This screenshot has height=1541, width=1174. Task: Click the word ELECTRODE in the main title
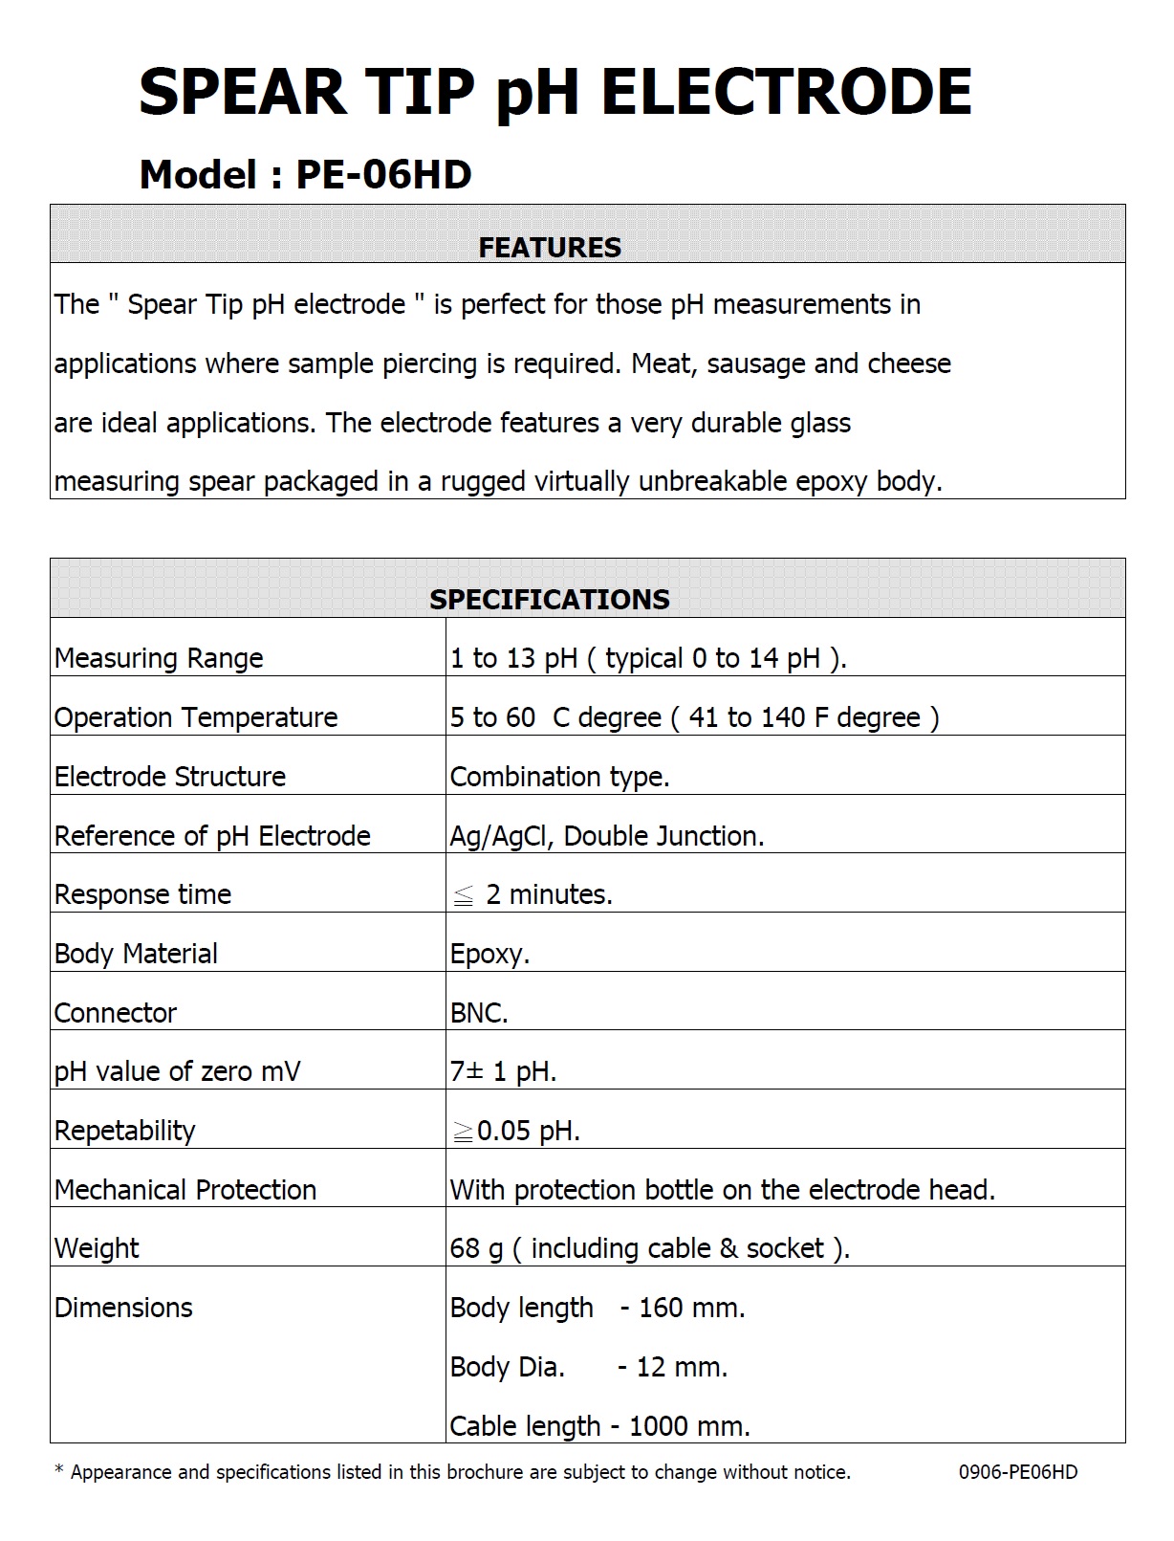[x=786, y=93]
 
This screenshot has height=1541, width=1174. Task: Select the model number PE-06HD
[x=383, y=175]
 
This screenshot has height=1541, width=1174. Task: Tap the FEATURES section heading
[x=550, y=248]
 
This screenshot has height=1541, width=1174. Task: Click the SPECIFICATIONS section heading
[x=550, y=600]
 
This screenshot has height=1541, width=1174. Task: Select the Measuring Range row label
[x=159, y=658]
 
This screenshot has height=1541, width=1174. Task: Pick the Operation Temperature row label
[x=196, y=717]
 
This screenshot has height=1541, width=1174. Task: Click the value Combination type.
[x=559, y=777]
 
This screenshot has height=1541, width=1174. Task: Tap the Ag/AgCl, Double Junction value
[x=607, y=836]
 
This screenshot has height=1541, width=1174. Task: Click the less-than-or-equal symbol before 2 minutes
[x=463, y=896]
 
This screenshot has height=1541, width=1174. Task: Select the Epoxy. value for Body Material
[x=489, y=954]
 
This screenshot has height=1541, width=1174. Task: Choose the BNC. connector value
[x=479, y=1013]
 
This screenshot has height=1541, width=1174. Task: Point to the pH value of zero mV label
[x=177, y=1071]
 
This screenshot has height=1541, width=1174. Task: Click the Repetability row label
[x=124, y=1131]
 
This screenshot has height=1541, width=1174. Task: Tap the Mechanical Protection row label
[x=185, y=1190]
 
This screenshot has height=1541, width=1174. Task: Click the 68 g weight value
[x=476, y=1248]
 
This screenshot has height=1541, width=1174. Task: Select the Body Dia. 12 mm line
[x=588, y=1367]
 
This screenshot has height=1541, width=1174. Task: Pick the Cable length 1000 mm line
[x=599, y=1426]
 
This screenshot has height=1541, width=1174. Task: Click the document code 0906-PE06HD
[x=1018, y=1472]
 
